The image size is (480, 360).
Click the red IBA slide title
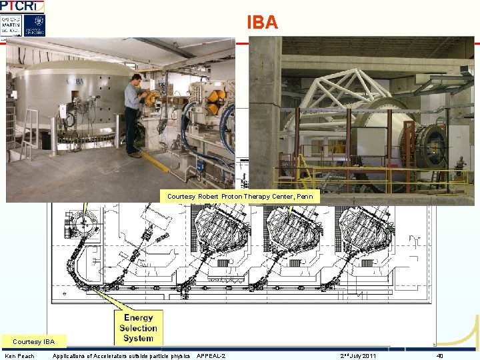[x=262, y=22]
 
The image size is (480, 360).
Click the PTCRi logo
[x=23, y=6]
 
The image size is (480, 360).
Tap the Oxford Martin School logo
[x=11, y=25]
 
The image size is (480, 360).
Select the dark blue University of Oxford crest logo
[x=34, y=25]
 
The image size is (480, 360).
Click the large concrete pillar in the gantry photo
[x=264, y=113]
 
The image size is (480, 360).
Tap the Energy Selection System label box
[x=138, y=328]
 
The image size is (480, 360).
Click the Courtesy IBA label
[x=33, y=342]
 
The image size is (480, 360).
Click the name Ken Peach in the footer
[x=20, y=356]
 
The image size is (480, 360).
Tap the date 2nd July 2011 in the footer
[x=358, y=356]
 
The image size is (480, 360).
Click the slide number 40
[x=440, y=356]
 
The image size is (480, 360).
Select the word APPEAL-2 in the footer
[x=211, y=356]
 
